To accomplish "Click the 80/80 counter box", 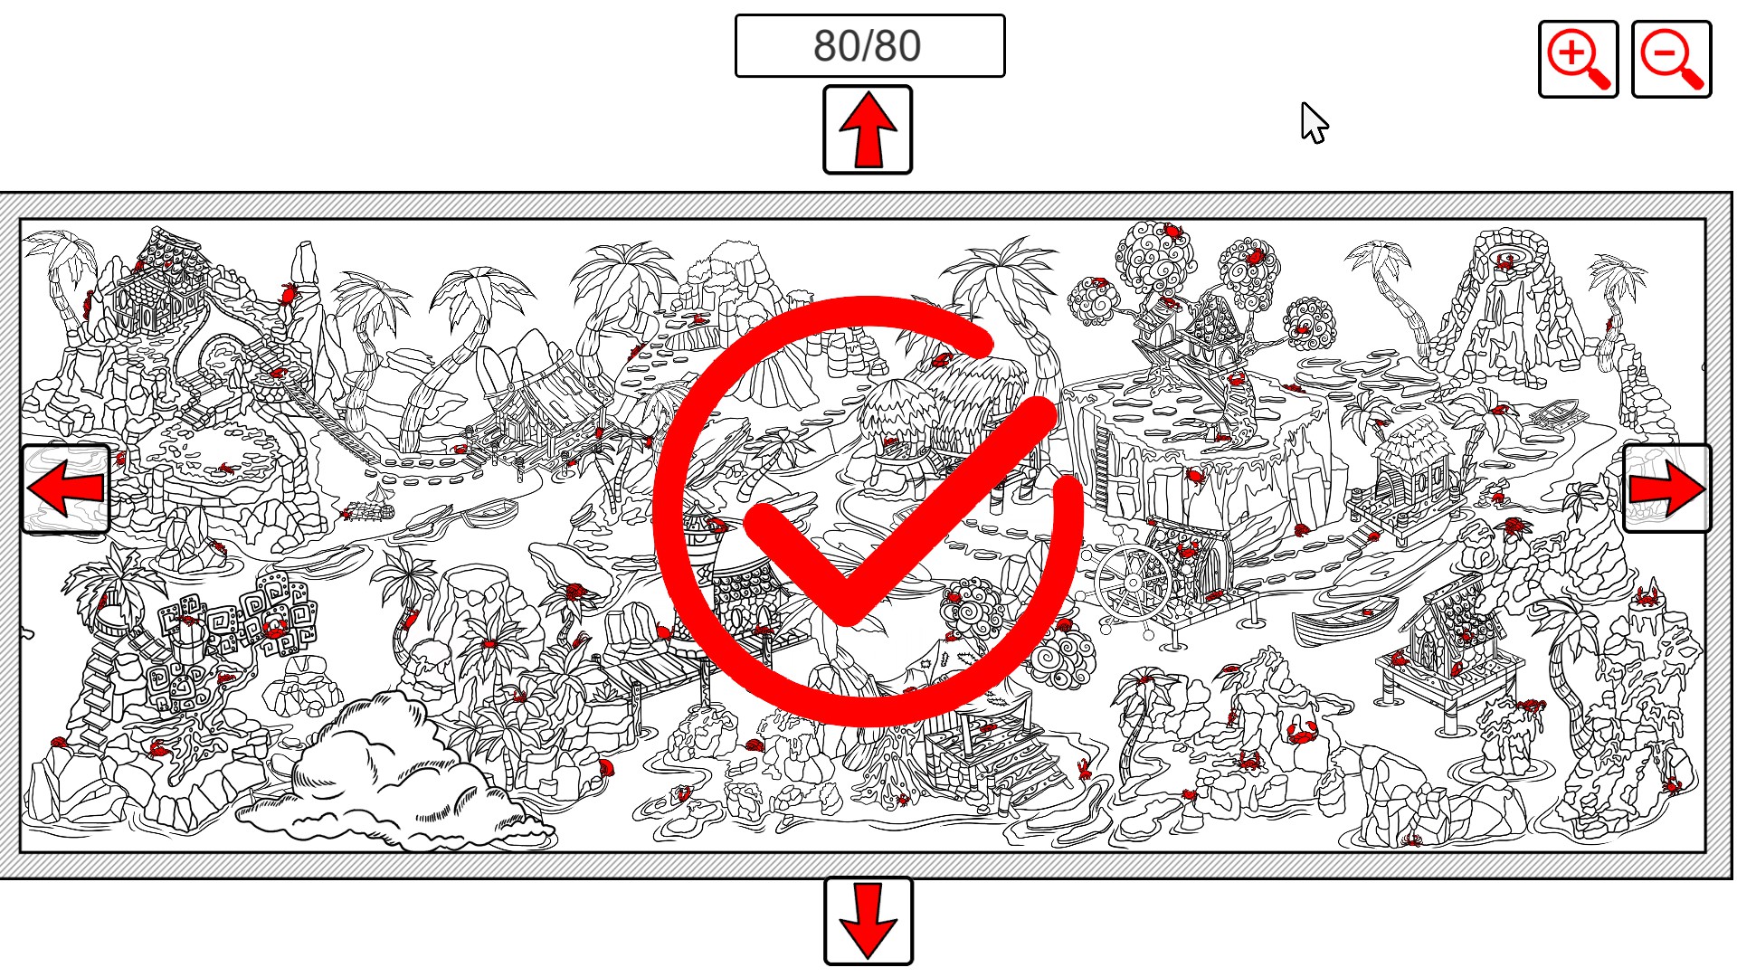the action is pyautogui.click(x=869, y=45).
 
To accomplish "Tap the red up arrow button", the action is pyautogui.click(x=868, y=129).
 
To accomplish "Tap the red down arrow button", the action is pyautogui.click(x=868, y=921).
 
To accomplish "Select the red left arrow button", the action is pyautogui.click(x=65, y=488).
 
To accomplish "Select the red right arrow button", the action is pyautogui.click(x=1667, y=488).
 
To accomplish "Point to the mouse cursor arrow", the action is pyautogui.click(x=1314, y=122).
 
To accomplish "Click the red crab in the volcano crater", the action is pyautogui.click(x=1506, y=261).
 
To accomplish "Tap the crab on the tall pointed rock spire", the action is pyautogui.click(x=289, y=293).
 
